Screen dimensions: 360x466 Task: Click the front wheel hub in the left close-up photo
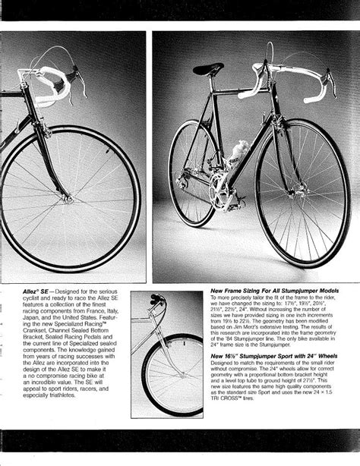tap(68, 199)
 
